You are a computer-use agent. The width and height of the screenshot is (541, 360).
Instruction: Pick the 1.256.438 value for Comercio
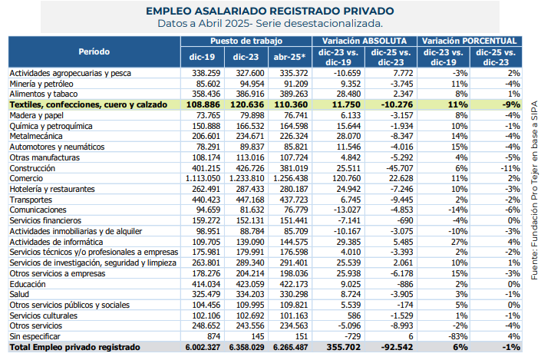click(290, 177)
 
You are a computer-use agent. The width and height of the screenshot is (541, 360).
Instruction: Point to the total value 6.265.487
click(289, 347)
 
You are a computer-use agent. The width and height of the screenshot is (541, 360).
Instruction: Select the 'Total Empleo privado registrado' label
click(75, 347)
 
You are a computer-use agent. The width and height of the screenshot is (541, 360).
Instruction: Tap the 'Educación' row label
click(28, 283)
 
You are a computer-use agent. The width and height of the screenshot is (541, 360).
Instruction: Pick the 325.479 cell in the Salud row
click(202, 293)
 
